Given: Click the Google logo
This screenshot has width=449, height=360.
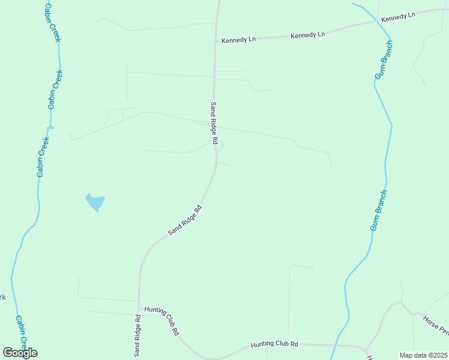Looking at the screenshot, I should point(20,353).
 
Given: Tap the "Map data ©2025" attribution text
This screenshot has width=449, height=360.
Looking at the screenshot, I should point(423,355).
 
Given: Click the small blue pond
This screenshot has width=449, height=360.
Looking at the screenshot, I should point(95,202).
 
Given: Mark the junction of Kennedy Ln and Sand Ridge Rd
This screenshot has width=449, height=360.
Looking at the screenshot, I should point(216,41).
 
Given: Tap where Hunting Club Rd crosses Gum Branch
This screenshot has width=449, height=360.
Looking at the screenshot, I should point(335,346).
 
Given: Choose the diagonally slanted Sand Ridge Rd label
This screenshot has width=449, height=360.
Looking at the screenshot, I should point(185,220).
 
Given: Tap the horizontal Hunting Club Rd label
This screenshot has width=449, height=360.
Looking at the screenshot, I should point(274,344).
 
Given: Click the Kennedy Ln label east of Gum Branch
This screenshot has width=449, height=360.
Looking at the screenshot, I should point(398,17).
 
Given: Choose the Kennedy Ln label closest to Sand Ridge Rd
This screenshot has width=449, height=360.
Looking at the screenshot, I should point(238,40).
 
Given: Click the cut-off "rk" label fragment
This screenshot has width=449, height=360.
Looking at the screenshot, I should point(2,298).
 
